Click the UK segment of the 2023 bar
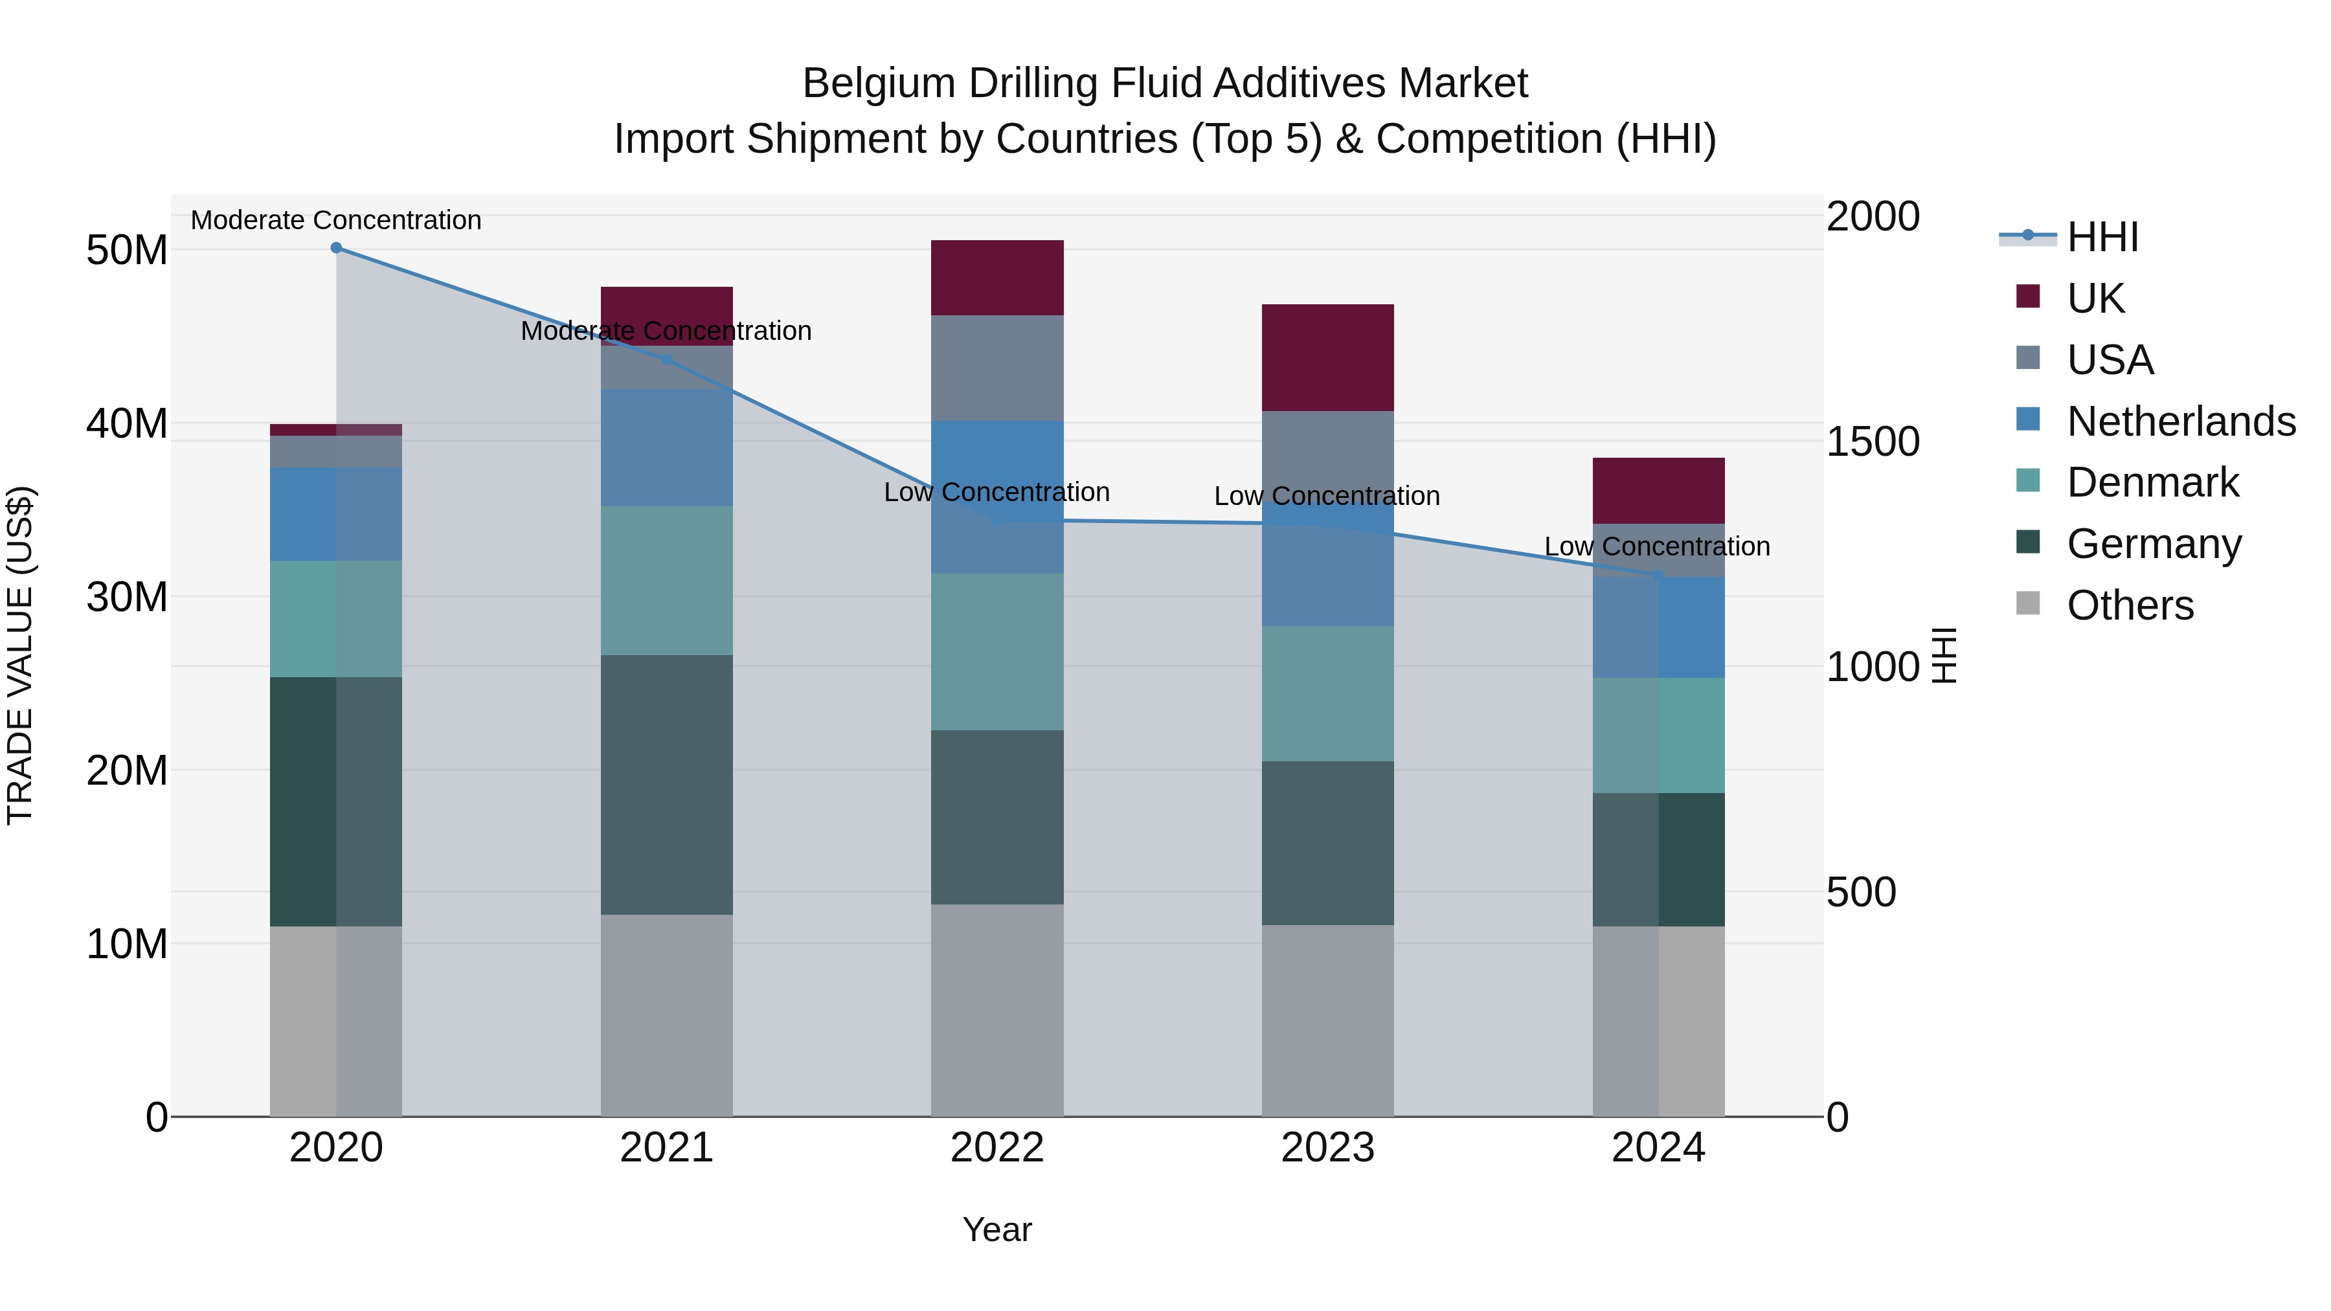(x=1327, y=357)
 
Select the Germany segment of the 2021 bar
(x=667, y=785)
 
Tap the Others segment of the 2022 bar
(x=997, y=1010)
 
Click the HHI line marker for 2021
(x=667, y=359)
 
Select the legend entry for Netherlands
(x=2181, y=421)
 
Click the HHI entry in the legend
(x=2102, y=237)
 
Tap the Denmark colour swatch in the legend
(x=2028, y=480)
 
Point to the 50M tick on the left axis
(x=127, y=251)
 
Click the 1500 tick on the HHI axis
(x=1872, y=442)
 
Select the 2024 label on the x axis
(x=1658, y=1148)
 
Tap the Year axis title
(x=997, y=1229)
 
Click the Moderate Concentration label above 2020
(x=335, y=220)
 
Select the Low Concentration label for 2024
(x=1657, y=546)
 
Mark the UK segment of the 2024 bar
(x=1658, y=490)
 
